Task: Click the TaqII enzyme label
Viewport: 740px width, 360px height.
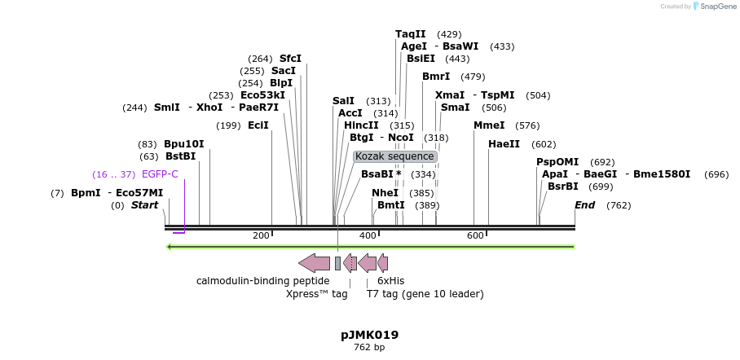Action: tap(410, 34)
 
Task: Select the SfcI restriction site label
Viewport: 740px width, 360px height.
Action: tap(290, 59)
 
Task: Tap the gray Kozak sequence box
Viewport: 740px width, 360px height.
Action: tap(395, 156)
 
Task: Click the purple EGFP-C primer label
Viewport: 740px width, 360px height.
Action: tap(160, 174)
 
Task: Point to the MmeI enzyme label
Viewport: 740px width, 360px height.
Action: tap(489, 125)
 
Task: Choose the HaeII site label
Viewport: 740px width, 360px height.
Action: tap(504, 144)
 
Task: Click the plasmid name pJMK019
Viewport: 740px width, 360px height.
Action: tap(369, 335)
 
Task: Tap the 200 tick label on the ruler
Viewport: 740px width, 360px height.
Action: tap(261, 235)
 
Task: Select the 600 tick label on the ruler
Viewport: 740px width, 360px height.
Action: tap(475, 235)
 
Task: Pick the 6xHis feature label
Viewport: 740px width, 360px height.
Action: tap(390, 281)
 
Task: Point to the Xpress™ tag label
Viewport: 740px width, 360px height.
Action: tap(316, 294)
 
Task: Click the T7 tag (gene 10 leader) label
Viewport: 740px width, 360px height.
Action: tap(425, 294)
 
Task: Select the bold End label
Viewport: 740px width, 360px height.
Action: tap(585, 205)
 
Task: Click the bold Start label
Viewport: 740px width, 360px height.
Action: tap(144, 205)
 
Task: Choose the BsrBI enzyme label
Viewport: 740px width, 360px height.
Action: tap(562, 187)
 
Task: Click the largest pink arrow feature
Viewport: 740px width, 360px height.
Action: tap(314, 262)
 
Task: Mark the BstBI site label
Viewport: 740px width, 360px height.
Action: tap(180, 156)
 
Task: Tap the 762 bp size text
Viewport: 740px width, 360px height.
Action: tap(369, 347)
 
